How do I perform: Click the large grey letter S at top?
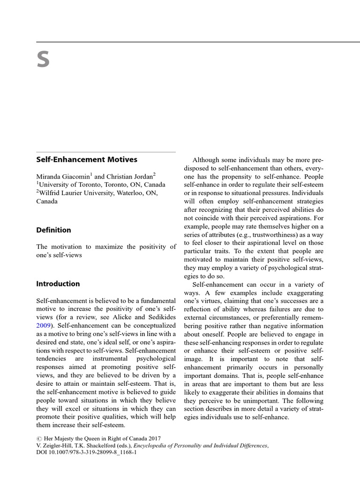43,60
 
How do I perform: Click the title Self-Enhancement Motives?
87,159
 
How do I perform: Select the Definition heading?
54,230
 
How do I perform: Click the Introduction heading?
58,284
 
